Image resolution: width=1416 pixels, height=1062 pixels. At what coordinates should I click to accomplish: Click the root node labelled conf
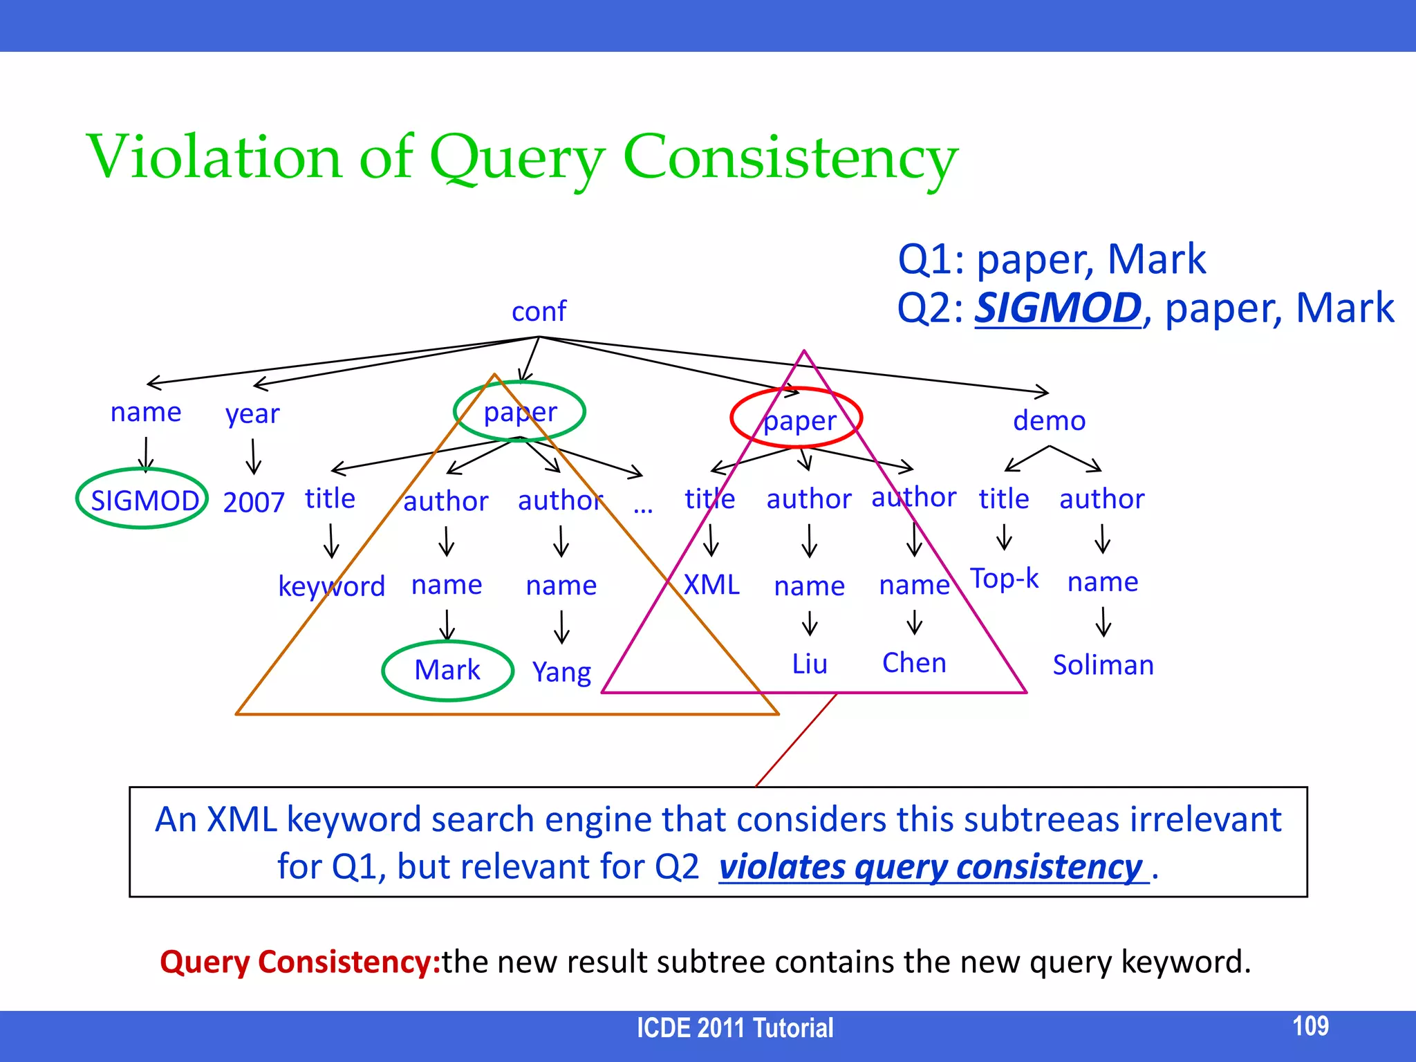(539, 312)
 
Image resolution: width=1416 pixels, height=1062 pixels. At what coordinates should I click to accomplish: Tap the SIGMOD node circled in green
(144, 500)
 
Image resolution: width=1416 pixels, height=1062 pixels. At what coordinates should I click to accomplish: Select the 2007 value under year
(254, 502)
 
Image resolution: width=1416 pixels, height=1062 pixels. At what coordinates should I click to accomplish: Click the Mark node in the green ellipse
(447, 670)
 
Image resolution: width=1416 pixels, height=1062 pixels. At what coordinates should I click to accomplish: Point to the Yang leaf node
(561, 671)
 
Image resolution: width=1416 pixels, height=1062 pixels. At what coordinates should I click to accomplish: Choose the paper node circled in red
(799, 420)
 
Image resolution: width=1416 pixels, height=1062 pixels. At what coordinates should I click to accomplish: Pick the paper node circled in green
(520, 412)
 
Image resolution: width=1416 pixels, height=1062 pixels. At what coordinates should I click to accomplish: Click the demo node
(1049, 420)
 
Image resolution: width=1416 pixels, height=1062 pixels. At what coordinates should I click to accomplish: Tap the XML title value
(711, 585)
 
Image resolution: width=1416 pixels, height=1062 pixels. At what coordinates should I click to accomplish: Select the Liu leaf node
(810, 664)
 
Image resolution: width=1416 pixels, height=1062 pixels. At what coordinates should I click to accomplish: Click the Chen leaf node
(914, 662)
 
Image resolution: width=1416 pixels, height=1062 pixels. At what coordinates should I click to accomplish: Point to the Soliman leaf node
(1103, 664)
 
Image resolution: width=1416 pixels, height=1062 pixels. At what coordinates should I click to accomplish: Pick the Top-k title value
(1004, 578)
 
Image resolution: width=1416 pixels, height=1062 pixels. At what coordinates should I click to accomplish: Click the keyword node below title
(331, 586)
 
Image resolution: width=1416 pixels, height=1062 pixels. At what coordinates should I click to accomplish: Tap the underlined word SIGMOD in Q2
(1057, 308)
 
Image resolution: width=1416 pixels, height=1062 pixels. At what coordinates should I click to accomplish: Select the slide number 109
(1310, 1025)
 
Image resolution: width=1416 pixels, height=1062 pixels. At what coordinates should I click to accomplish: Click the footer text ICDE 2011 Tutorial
(734, 1028)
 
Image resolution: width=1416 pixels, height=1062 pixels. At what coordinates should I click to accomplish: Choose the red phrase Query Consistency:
(300, 962)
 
